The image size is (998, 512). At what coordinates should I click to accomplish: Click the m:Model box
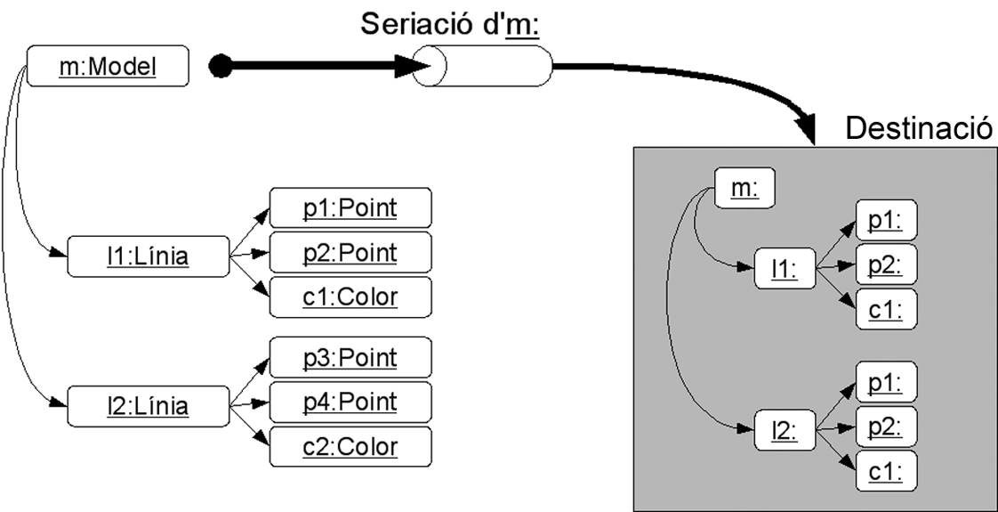(108, 67)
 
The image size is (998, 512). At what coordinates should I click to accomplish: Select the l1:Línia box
(149, 256)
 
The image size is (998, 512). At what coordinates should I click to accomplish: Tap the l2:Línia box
(149, 407)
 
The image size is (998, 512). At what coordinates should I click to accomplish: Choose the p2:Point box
(350, 253)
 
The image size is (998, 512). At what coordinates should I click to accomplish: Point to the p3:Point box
(350, 358)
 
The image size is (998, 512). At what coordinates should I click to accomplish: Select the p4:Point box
(350, 402)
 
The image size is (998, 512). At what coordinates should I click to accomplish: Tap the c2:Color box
(350, 446)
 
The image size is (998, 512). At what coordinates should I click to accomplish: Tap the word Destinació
(917, 128)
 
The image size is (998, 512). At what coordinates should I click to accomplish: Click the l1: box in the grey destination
(783, 267)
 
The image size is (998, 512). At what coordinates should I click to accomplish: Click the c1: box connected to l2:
(885, 470)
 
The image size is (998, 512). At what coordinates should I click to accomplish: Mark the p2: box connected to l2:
(885, 426)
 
